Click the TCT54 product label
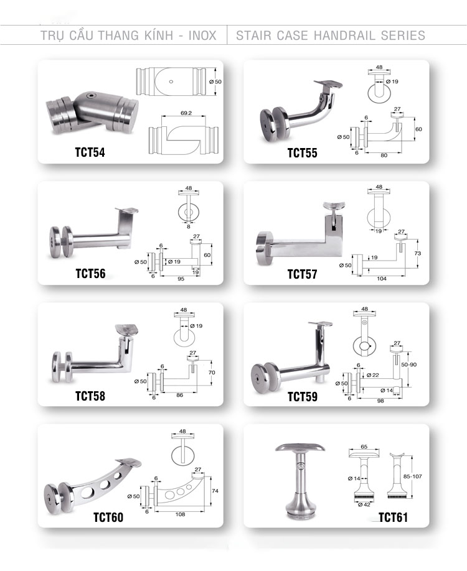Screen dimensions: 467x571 90,152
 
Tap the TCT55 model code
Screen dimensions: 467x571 302,153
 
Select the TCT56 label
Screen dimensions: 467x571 90,274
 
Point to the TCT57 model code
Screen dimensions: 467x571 302,274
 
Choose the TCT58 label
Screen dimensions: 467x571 90,396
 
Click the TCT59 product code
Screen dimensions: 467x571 303,397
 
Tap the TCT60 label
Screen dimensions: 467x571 108,517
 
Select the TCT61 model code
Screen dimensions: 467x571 393,517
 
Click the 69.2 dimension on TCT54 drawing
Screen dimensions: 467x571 186,113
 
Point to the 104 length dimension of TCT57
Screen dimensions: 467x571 382,279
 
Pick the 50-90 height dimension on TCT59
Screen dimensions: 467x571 408,364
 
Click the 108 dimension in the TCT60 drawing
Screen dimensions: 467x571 180,514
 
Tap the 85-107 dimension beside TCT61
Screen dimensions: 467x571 412,476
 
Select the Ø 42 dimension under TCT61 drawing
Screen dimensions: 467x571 364,504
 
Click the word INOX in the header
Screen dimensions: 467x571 202,35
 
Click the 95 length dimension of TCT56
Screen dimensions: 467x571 181,279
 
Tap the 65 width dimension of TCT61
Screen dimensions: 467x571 364,447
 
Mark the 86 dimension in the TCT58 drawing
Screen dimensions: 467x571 180,395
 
